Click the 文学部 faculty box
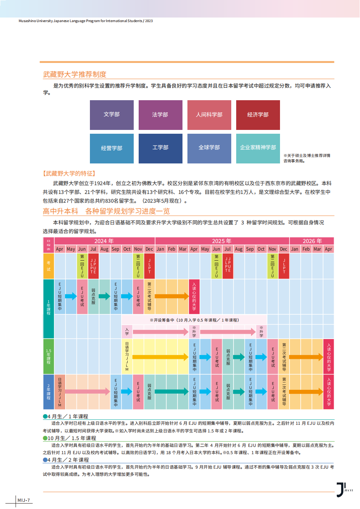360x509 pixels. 112,115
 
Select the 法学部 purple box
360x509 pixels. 160,115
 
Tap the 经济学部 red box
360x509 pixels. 258,115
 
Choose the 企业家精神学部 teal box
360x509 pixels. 258,148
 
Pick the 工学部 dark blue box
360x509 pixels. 160,148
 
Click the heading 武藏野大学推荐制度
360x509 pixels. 75,74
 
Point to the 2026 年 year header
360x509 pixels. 312,241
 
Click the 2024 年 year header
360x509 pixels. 104,241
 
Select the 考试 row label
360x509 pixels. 48,266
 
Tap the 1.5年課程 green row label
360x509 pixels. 48,356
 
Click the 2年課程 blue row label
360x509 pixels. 48,392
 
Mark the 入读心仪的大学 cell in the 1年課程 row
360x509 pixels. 194,296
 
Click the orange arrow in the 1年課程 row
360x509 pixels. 172,296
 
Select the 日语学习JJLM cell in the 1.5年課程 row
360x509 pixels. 127,356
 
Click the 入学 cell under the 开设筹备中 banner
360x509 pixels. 127,332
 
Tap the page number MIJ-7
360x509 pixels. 24,500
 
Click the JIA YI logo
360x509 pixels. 344,490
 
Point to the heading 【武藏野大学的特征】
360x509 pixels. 69,173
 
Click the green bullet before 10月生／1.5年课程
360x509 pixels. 45,438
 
